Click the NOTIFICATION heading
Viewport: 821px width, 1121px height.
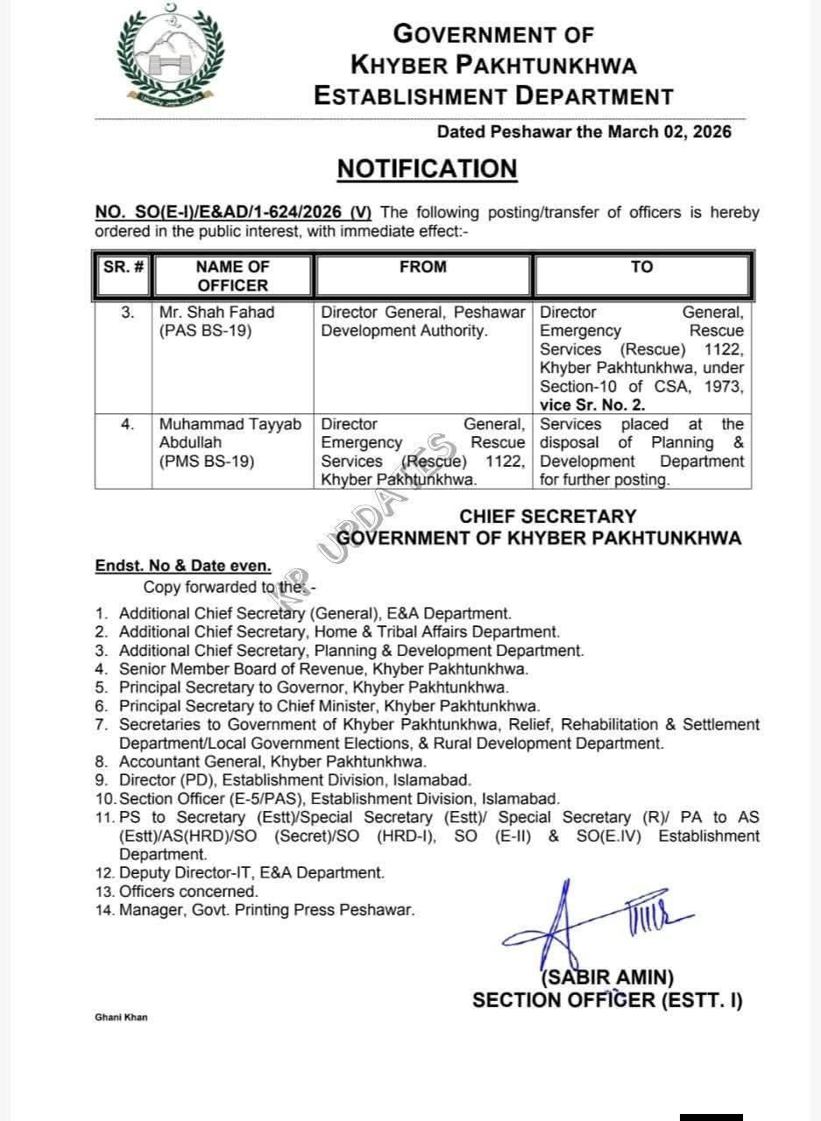click(428, 168)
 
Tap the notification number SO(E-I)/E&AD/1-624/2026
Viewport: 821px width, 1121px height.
click(234, 213)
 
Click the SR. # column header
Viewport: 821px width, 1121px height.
click(123, 267)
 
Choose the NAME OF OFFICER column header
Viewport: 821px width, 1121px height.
click(232, 276)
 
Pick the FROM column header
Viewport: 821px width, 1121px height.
click(422, 267)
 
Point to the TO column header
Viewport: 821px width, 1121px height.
click(641, 267)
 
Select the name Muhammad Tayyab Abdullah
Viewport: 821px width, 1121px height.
click(230, 434)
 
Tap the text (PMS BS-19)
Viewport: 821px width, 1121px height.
click(207, 462)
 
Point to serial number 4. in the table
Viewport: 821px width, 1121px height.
click(128, 425)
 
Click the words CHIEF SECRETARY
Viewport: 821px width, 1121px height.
click(548, 517)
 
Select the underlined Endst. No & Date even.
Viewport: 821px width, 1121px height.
click(183, 567)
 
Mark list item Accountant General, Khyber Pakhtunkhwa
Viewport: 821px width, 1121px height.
click(272, 762)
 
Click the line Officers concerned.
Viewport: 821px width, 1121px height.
click(188, 892)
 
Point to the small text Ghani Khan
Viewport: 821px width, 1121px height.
click(121, 1018)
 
